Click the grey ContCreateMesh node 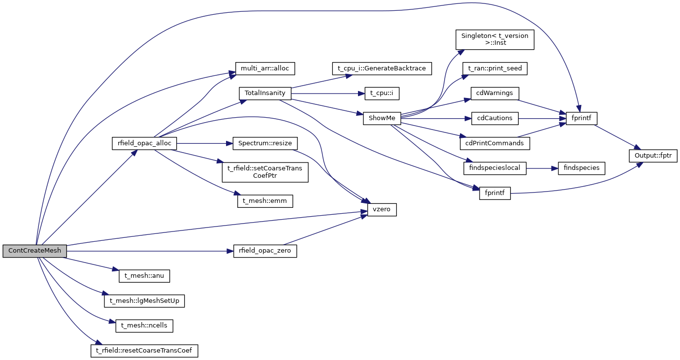click(x=34, y=251)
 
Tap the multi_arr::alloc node click(x=264, y=68)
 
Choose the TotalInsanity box click(x=265, y=93)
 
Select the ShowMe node click(x=382, y=118)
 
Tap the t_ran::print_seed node click(x=494, y=68)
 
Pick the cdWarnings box click(x=494, y=93)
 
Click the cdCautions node click(x=494, y=118)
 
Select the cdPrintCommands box click(x=494, y=143)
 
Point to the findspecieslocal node click(x=495, y=168)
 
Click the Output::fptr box click(x=653, y=156)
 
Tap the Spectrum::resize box click(x=265, y=143)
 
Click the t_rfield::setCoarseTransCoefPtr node click(x=265, y=172)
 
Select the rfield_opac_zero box click(x=265, y=251)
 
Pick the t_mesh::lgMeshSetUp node click(x=144, y=300)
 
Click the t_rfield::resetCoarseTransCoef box click(x=144, y=351)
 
